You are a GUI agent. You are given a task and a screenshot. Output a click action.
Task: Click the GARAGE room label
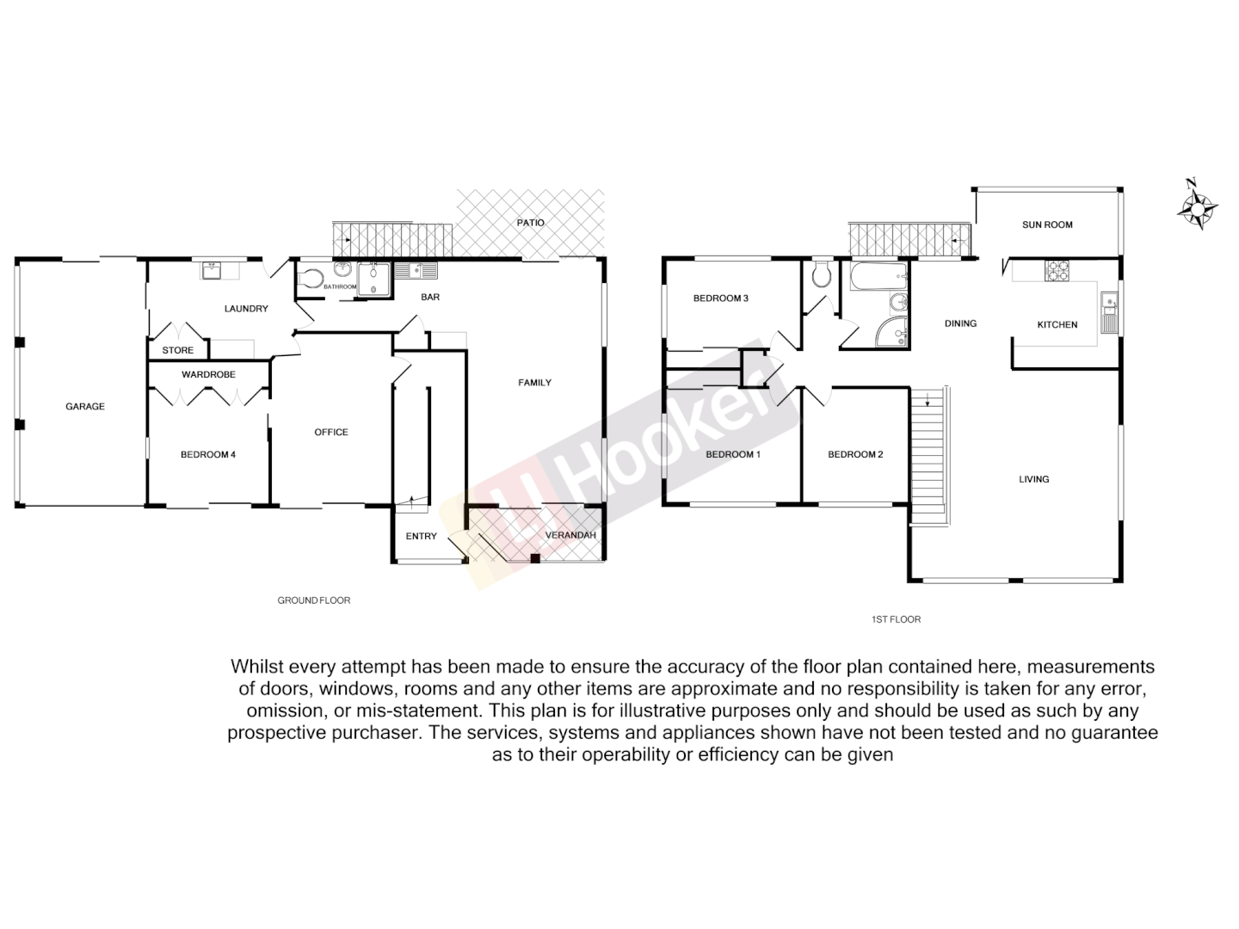pyautogui.click(x=85, y=406)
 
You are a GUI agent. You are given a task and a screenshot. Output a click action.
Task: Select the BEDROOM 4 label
pyautogui.click(x=207, y=454)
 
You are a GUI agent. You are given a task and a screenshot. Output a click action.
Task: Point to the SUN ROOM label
pyautogui.click(x=1047, y=225)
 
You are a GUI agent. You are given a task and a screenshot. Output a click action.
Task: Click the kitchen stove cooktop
pyautogui.click(x=1057, y=271)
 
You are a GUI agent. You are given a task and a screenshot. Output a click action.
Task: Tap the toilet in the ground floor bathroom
pyautogui.click(x=311, y=278)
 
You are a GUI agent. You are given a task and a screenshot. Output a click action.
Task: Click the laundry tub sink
pyautogui.click(x=213, y=271)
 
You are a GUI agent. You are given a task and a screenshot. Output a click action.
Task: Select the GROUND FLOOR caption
pyautogui.click(x=313, y=600)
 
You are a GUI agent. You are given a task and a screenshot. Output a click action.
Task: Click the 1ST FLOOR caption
pyautogui.click(x=896, y=618)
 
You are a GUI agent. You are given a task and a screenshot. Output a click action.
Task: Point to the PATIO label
pyautogui.click(x=531, y=223)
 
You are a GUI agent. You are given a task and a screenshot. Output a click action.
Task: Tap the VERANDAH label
pyautogui.click(x=570, y=535)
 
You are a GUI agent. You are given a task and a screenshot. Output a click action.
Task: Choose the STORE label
pyautogui.click(x=178, y=350)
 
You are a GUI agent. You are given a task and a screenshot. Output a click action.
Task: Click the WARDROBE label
pyautogui.click(x=208, y=374)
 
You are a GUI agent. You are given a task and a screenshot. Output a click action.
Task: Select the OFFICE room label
pyautogui.click(x=331, y=432)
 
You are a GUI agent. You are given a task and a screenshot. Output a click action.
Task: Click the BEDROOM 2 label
pyautogui.click(x=855, y=454)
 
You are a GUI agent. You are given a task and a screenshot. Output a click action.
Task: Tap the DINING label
pyautogui.click(x=960, y=323)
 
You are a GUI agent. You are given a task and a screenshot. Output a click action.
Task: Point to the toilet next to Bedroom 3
pyautogui.click(x=820, y=274)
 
